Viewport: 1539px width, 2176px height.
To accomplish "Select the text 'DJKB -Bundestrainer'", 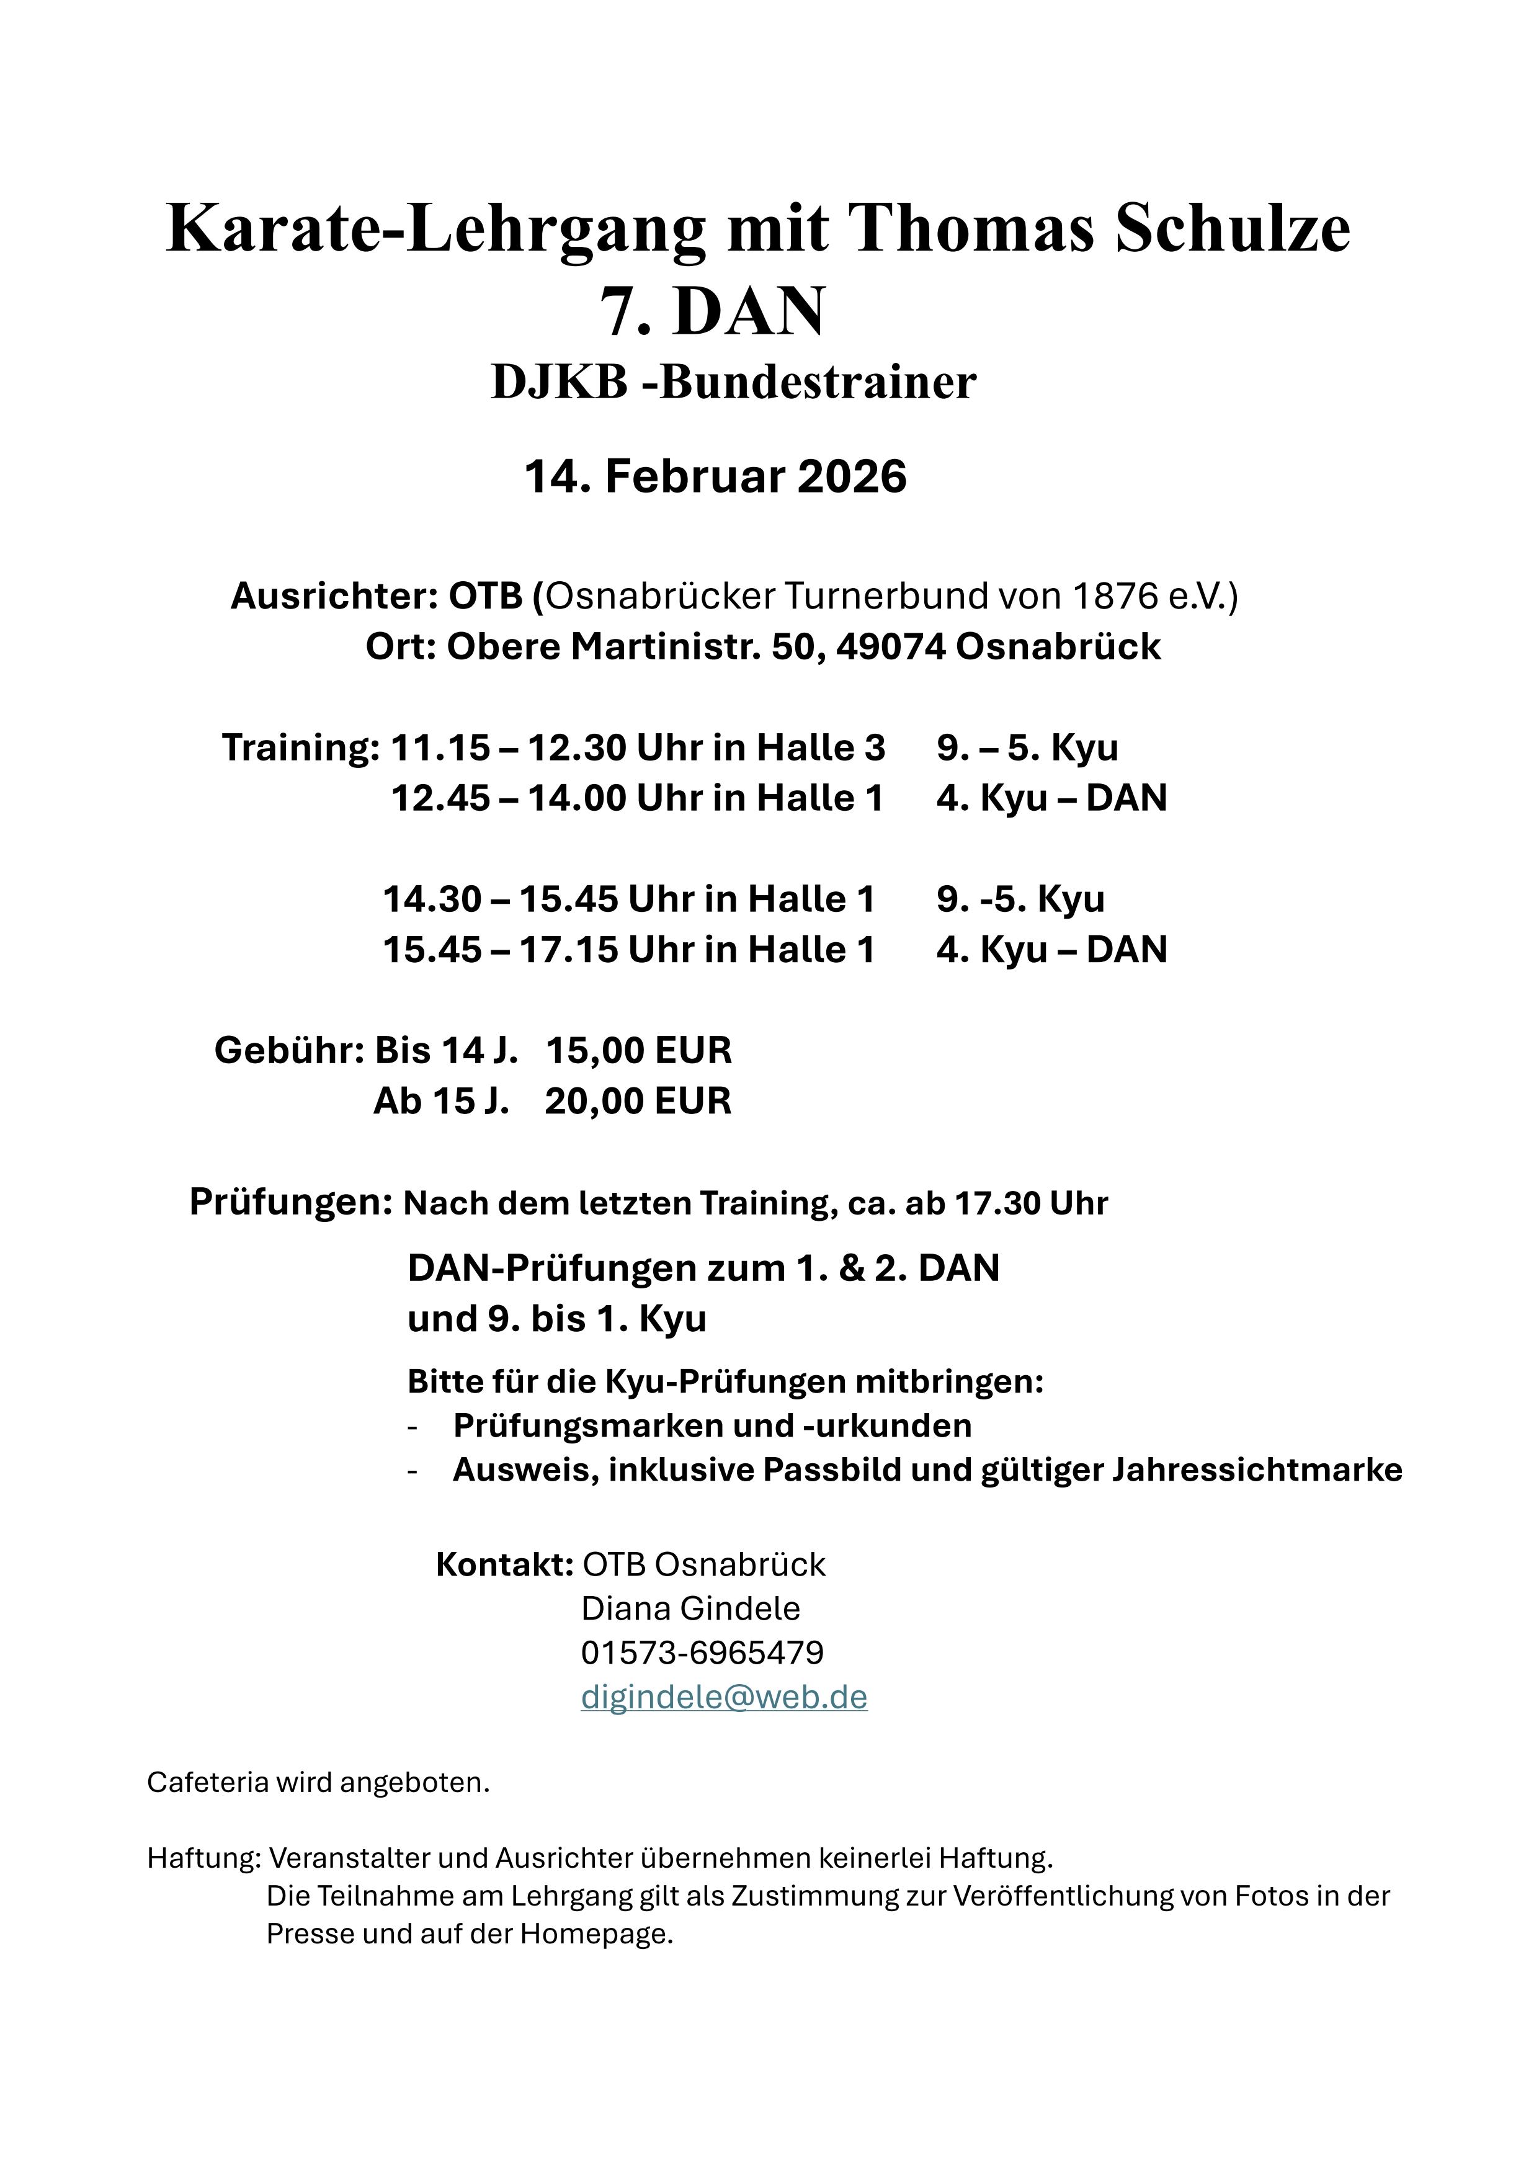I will pos(733,382).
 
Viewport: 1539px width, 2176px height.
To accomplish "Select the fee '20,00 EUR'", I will pos(638,1101).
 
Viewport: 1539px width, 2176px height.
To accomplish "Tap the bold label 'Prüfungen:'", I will pos(291,1202).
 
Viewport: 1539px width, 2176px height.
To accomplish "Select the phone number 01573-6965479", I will pos(702,1653).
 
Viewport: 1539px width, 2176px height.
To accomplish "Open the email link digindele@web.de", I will pos(724,1697).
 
